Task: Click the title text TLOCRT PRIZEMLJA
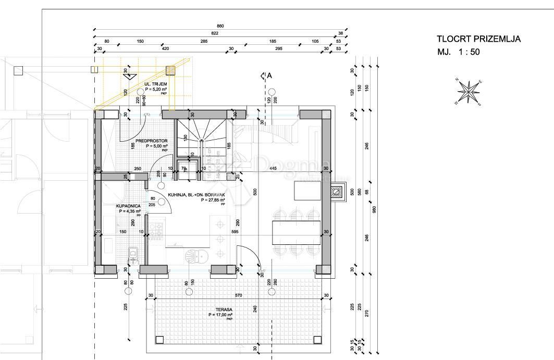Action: (x=478, y=39)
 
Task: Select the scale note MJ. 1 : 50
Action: (x=459, y=52)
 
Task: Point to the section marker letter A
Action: (x=269, y=76)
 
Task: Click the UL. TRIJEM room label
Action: (x=155, y=84)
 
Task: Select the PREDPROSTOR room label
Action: (x=151, y=141)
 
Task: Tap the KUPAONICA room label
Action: (x=128, y=206)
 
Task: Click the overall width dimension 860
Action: (x=220, y=26)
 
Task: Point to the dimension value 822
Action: (x=215, y=33)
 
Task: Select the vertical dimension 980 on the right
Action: (x=374, y=209)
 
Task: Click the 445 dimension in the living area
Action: (x=273, y=168)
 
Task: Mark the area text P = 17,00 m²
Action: (x=221, y=315)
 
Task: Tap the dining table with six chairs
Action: (x=296, y=232)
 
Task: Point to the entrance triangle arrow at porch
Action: (x=127, y=76)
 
